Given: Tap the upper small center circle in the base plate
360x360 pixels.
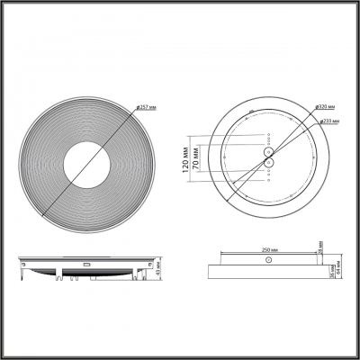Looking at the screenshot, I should coord(267,152).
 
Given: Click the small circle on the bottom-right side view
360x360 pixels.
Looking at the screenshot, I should coord(267,259).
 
